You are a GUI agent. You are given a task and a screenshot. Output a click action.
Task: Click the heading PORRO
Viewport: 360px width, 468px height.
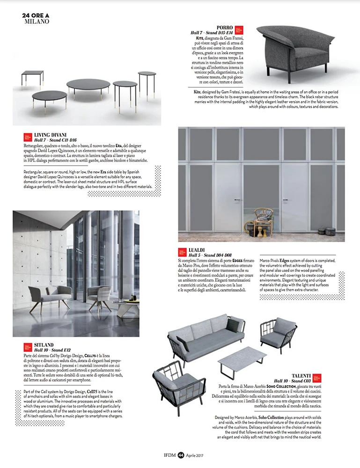(x=225, y=28)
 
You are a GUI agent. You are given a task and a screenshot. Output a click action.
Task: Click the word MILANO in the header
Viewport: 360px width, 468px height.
(x=36, y=22)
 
